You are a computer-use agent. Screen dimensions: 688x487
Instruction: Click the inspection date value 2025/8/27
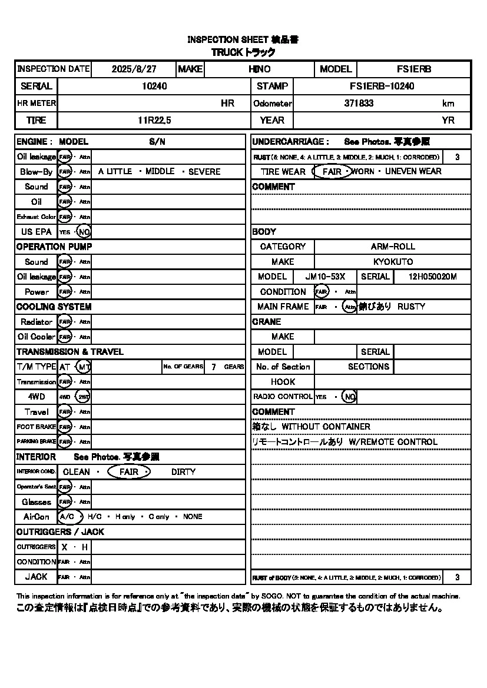134,69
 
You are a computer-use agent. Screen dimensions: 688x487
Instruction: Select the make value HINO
260,69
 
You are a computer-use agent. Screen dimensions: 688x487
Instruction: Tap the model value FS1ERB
414,69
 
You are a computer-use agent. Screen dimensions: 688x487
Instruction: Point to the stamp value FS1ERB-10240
382,86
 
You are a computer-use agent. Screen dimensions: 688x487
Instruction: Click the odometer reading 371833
359,103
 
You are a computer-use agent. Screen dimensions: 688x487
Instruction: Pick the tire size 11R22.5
154,120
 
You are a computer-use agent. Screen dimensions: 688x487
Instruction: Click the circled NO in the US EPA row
84,232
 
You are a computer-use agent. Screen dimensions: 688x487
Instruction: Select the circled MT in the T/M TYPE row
84,367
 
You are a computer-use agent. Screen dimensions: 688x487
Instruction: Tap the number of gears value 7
213,367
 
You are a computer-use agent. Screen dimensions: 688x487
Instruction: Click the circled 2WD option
84,397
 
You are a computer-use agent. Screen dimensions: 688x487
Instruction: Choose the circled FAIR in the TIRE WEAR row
333,172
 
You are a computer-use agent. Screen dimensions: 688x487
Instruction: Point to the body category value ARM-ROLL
393,247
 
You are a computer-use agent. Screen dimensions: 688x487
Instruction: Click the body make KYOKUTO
393,262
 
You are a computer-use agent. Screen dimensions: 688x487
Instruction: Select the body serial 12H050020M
432,277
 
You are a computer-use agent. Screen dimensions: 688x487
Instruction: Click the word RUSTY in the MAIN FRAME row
411,307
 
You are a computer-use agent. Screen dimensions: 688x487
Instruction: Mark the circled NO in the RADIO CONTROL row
350,397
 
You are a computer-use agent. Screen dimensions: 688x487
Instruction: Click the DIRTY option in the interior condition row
183,472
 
